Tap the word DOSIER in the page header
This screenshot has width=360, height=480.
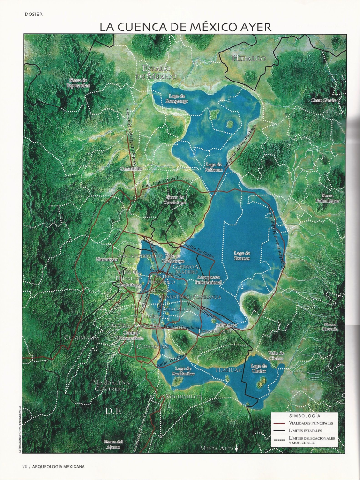[x=34, y=14]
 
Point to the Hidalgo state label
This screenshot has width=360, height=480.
[x=249, y=59]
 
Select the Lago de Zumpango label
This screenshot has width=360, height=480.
[x=178, y=98]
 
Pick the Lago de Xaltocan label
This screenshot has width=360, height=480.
[x=213, y=167]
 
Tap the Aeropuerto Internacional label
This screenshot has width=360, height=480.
[x=207, y=280]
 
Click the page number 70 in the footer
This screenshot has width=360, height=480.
[x=25, y=466]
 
